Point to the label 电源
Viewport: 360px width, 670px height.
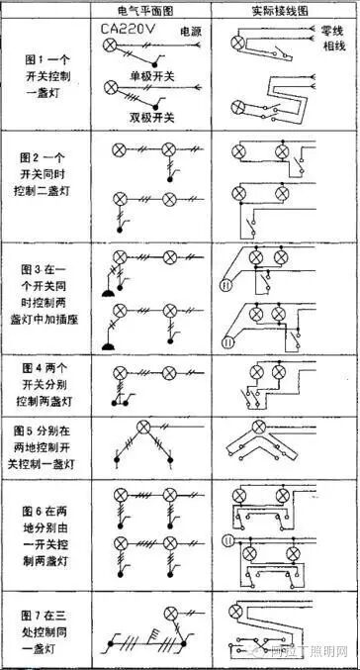pyautogui.click(x=189, y=33)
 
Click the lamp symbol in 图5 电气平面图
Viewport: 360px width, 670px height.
pyautogui.click(x=142, y=428)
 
